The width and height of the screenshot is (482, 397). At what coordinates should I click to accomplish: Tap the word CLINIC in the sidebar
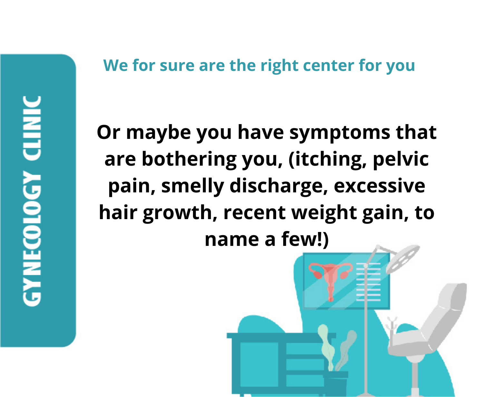point(32,128)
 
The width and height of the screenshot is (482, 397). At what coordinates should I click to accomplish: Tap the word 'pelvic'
point(401,160)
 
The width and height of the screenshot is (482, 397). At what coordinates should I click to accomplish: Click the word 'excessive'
point(379,187)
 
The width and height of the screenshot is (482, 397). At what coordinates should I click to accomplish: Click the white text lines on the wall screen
point(368,282)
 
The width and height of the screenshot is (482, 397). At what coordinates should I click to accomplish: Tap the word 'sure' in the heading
point(177,66)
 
